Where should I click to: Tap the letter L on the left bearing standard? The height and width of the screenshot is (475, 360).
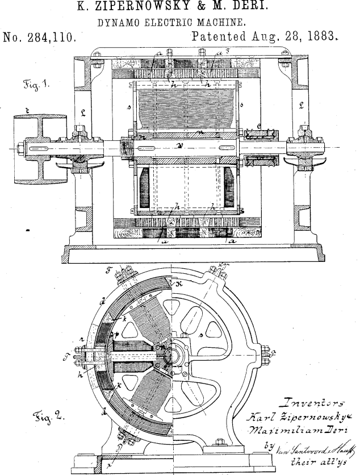[x=82, y=113]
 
